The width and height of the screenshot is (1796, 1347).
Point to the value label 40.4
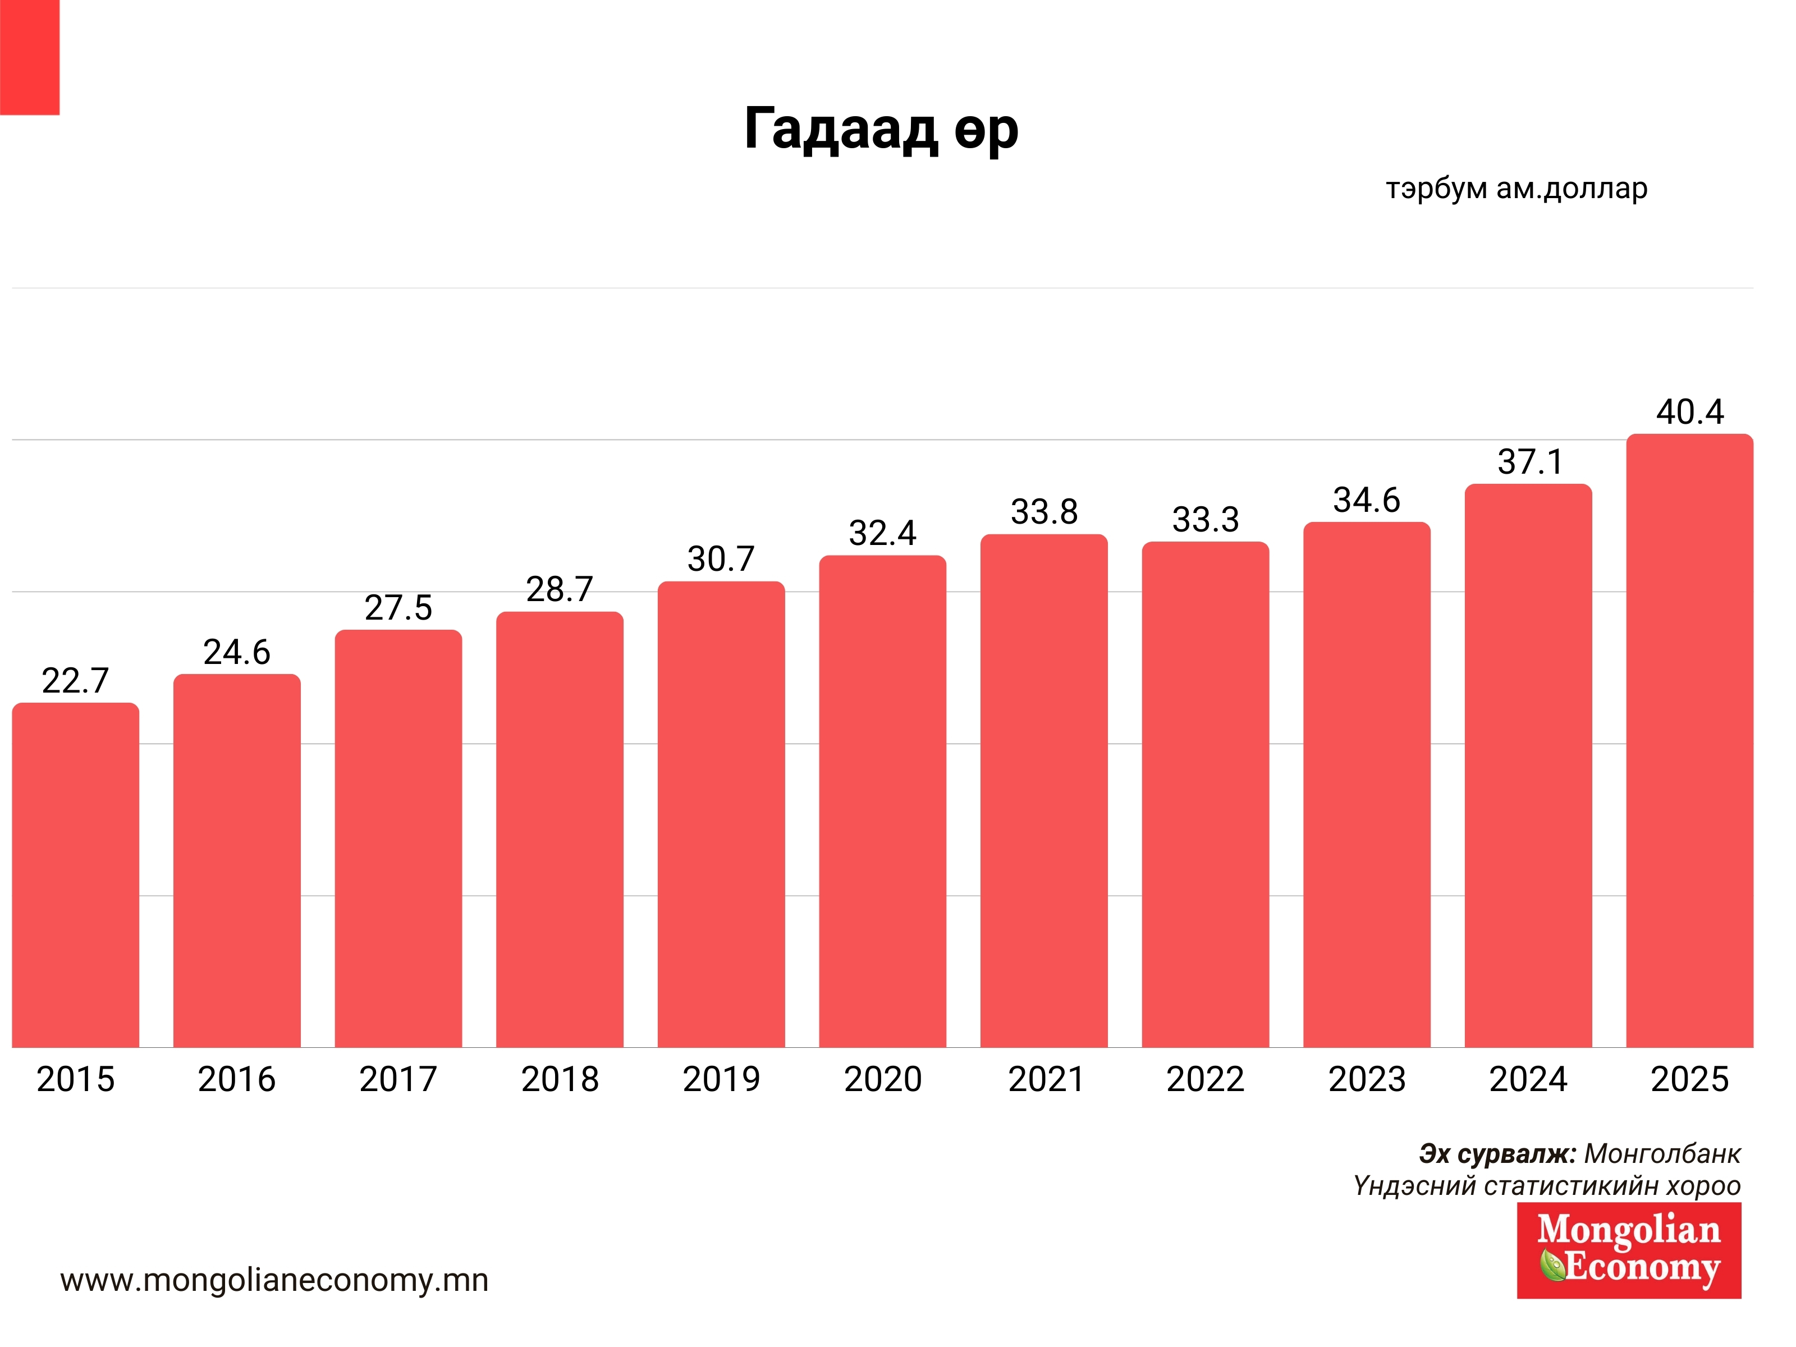point(1689,411)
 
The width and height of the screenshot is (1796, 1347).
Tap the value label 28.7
point(560,589)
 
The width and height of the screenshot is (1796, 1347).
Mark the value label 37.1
point(1529,462)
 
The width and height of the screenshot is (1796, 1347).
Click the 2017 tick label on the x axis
point(398,1079)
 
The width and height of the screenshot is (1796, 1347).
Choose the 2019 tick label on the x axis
point(721,1079)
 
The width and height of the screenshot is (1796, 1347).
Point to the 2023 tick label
point(1367,1079)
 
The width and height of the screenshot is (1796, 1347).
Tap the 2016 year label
point(236,1079)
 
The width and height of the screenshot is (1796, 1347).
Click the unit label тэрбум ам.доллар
point(1516,189)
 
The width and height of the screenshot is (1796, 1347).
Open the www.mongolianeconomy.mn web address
point(274,1280)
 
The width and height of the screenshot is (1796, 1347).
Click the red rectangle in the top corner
point(29,57)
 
